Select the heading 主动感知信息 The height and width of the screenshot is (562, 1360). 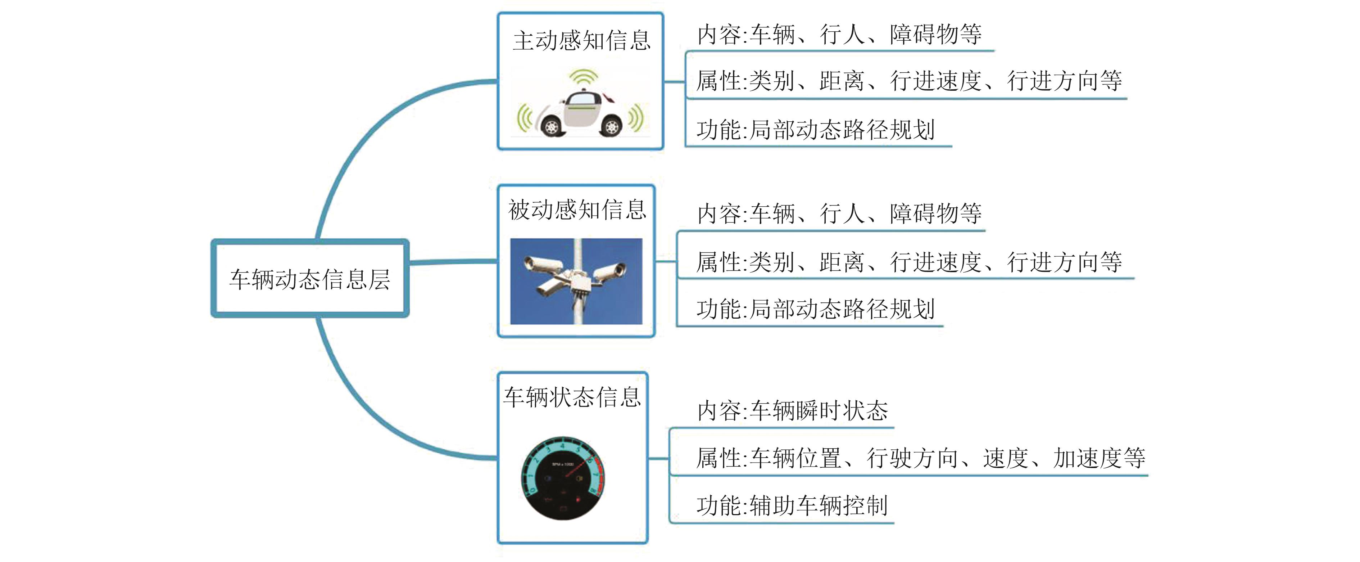coord(581,41)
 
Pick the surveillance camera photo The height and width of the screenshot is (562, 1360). coord(576,281)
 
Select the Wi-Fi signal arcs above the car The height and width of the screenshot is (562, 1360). coord(582,78)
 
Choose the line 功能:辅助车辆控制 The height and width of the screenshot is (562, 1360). coord(792,505)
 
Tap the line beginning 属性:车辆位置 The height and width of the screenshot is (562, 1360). coord(920,458)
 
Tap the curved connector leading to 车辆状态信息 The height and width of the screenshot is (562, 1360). coord(370,417)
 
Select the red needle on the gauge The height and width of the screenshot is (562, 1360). coord(577,467)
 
